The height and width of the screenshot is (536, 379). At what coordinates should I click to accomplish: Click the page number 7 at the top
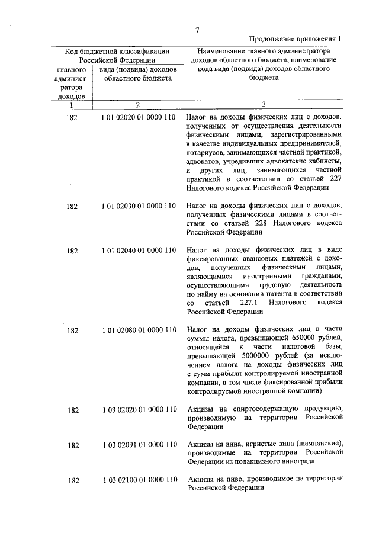pos(198,30)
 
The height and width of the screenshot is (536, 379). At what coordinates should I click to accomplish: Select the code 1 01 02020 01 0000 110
pos(139,117)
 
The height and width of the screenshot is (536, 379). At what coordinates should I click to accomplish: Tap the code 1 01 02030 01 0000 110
pos(139,206)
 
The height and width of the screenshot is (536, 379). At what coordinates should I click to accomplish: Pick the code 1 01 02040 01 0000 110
pos(139,251)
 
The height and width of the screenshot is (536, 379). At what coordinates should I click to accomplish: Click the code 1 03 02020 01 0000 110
pos(139,410)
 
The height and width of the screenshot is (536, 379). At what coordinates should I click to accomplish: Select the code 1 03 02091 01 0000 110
pos(139,445)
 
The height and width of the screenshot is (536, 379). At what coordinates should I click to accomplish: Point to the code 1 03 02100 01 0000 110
pos(139,480)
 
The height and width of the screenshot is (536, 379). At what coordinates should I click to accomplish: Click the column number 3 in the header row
pos(264,105)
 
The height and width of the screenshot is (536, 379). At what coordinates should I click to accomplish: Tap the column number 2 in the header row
pos(137,105)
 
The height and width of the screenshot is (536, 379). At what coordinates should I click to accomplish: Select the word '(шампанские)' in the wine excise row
pos(320,444)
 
